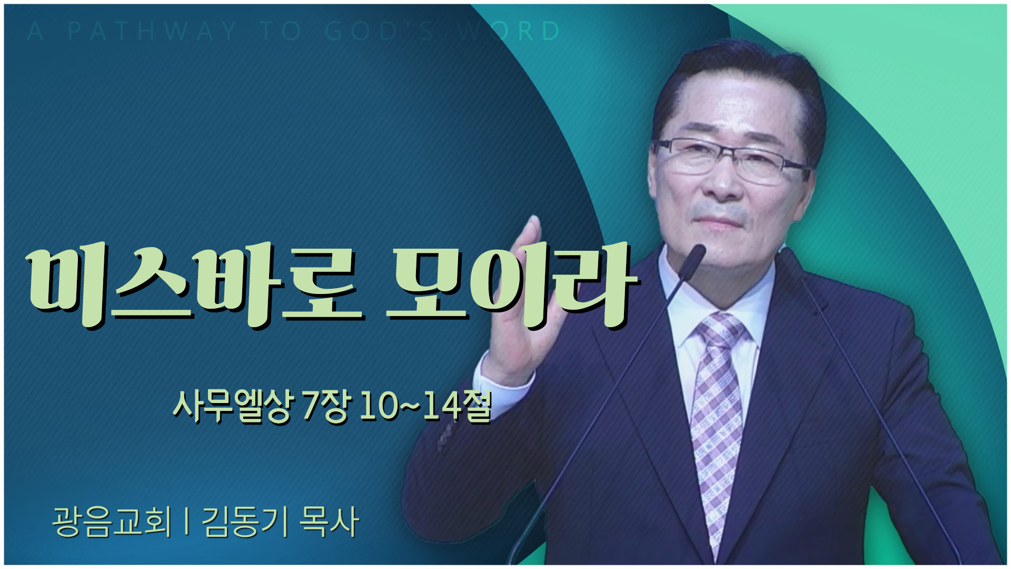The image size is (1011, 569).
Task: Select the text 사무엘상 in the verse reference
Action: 232,407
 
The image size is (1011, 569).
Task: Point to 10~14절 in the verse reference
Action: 426,407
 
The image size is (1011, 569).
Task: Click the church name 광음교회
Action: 112,522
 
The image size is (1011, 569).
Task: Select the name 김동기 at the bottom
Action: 245,522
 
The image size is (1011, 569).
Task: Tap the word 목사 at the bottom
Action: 329,522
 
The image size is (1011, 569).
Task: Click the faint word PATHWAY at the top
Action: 152,31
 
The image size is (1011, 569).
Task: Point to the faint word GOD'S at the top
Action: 379,31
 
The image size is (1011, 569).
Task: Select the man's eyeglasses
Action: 732,161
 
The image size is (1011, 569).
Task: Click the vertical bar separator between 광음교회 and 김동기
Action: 187,522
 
